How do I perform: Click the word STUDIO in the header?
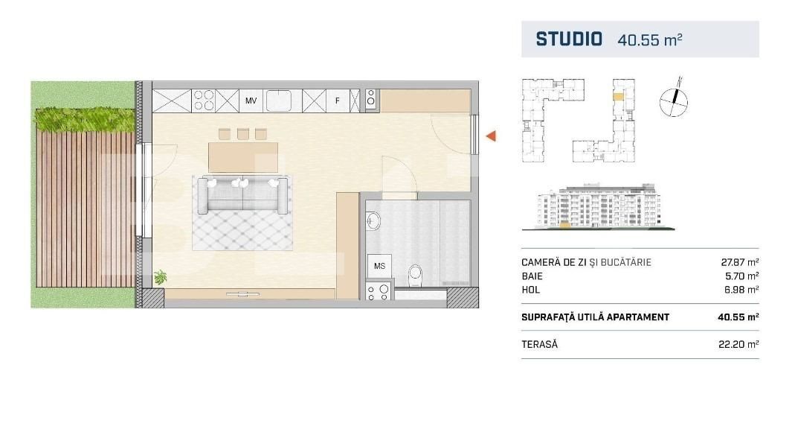coord(569,39)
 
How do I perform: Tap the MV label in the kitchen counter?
coord(251,101)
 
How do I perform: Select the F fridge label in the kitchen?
coord(337,101)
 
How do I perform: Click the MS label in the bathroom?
coord(379,266)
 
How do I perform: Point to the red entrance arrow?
coord(491,136)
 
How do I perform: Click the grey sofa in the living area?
coord(243,194)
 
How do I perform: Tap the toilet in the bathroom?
coord(415,275)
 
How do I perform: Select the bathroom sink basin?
coord(373,221)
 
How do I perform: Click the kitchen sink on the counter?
coord(278,101)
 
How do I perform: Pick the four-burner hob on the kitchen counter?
coord(203,101)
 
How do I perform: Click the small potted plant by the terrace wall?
coord(160,277)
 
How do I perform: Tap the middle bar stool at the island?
coord(243,134)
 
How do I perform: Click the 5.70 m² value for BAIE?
coord(743,276)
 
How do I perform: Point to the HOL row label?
coord(531,290)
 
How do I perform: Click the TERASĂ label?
coord(539,344)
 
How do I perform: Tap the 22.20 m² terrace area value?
coord(738,344)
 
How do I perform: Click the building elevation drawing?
coord(599,206)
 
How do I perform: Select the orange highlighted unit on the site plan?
coord(618,96)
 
